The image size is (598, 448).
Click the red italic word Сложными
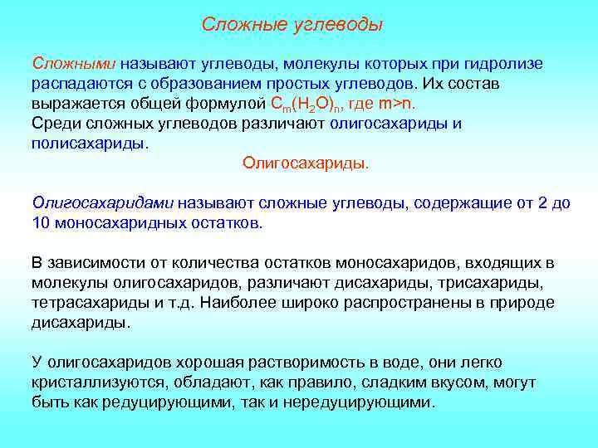[74, 64]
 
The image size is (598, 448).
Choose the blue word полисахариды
[89, 143]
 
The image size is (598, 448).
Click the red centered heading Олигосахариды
[305, 163]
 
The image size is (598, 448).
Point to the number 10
[42, 222]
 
